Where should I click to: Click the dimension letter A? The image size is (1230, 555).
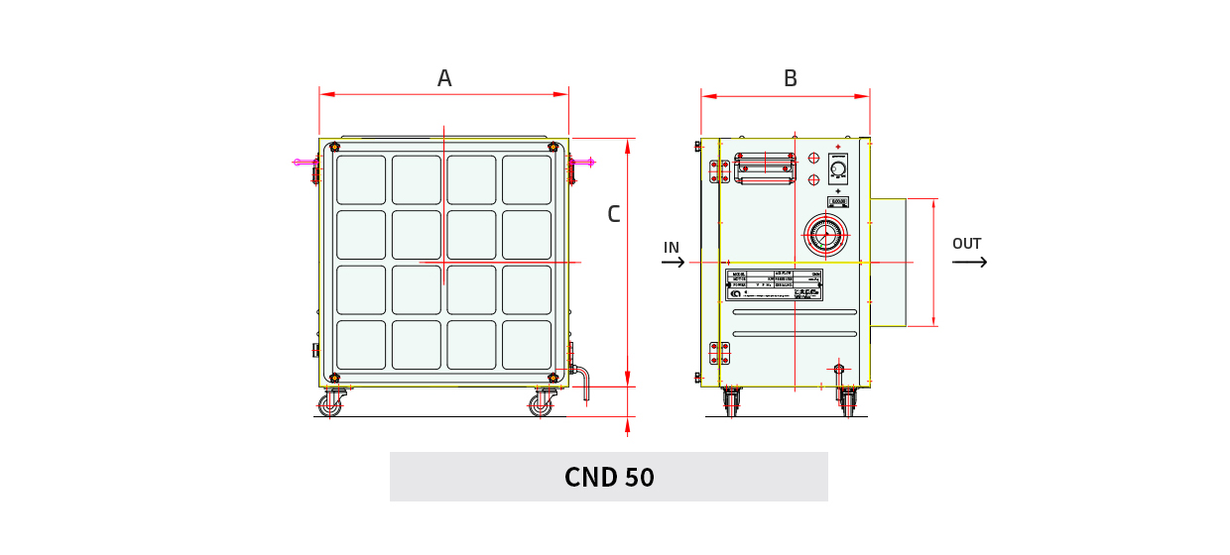point(444,78)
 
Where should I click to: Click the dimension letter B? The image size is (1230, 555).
point(790,78)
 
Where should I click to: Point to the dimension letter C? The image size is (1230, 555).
point(613,213)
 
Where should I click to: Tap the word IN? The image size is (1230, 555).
point(672,247)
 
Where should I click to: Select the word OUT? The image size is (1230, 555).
point(966,244)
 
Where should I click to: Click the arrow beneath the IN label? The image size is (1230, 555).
point(674,263)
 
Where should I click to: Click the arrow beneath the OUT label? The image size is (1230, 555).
point(969,262)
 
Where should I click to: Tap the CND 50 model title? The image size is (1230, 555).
point(609,477)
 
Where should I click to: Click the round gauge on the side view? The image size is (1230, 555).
point(824,235)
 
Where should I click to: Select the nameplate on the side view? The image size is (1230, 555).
point(775,284)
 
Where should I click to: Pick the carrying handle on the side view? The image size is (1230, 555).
point(765,167)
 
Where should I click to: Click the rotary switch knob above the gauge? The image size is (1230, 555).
point(838,169)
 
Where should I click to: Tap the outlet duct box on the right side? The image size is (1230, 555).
point(888,262)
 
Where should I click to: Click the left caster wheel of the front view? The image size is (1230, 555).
point(330,404)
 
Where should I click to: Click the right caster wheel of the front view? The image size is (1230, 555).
point(543,404)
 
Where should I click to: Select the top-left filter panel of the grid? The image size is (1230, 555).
point(361,179)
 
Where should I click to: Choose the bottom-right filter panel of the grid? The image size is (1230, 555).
point(527,344)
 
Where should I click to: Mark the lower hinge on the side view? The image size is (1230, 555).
point(719,353)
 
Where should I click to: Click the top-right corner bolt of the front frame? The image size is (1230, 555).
point(553,148)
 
